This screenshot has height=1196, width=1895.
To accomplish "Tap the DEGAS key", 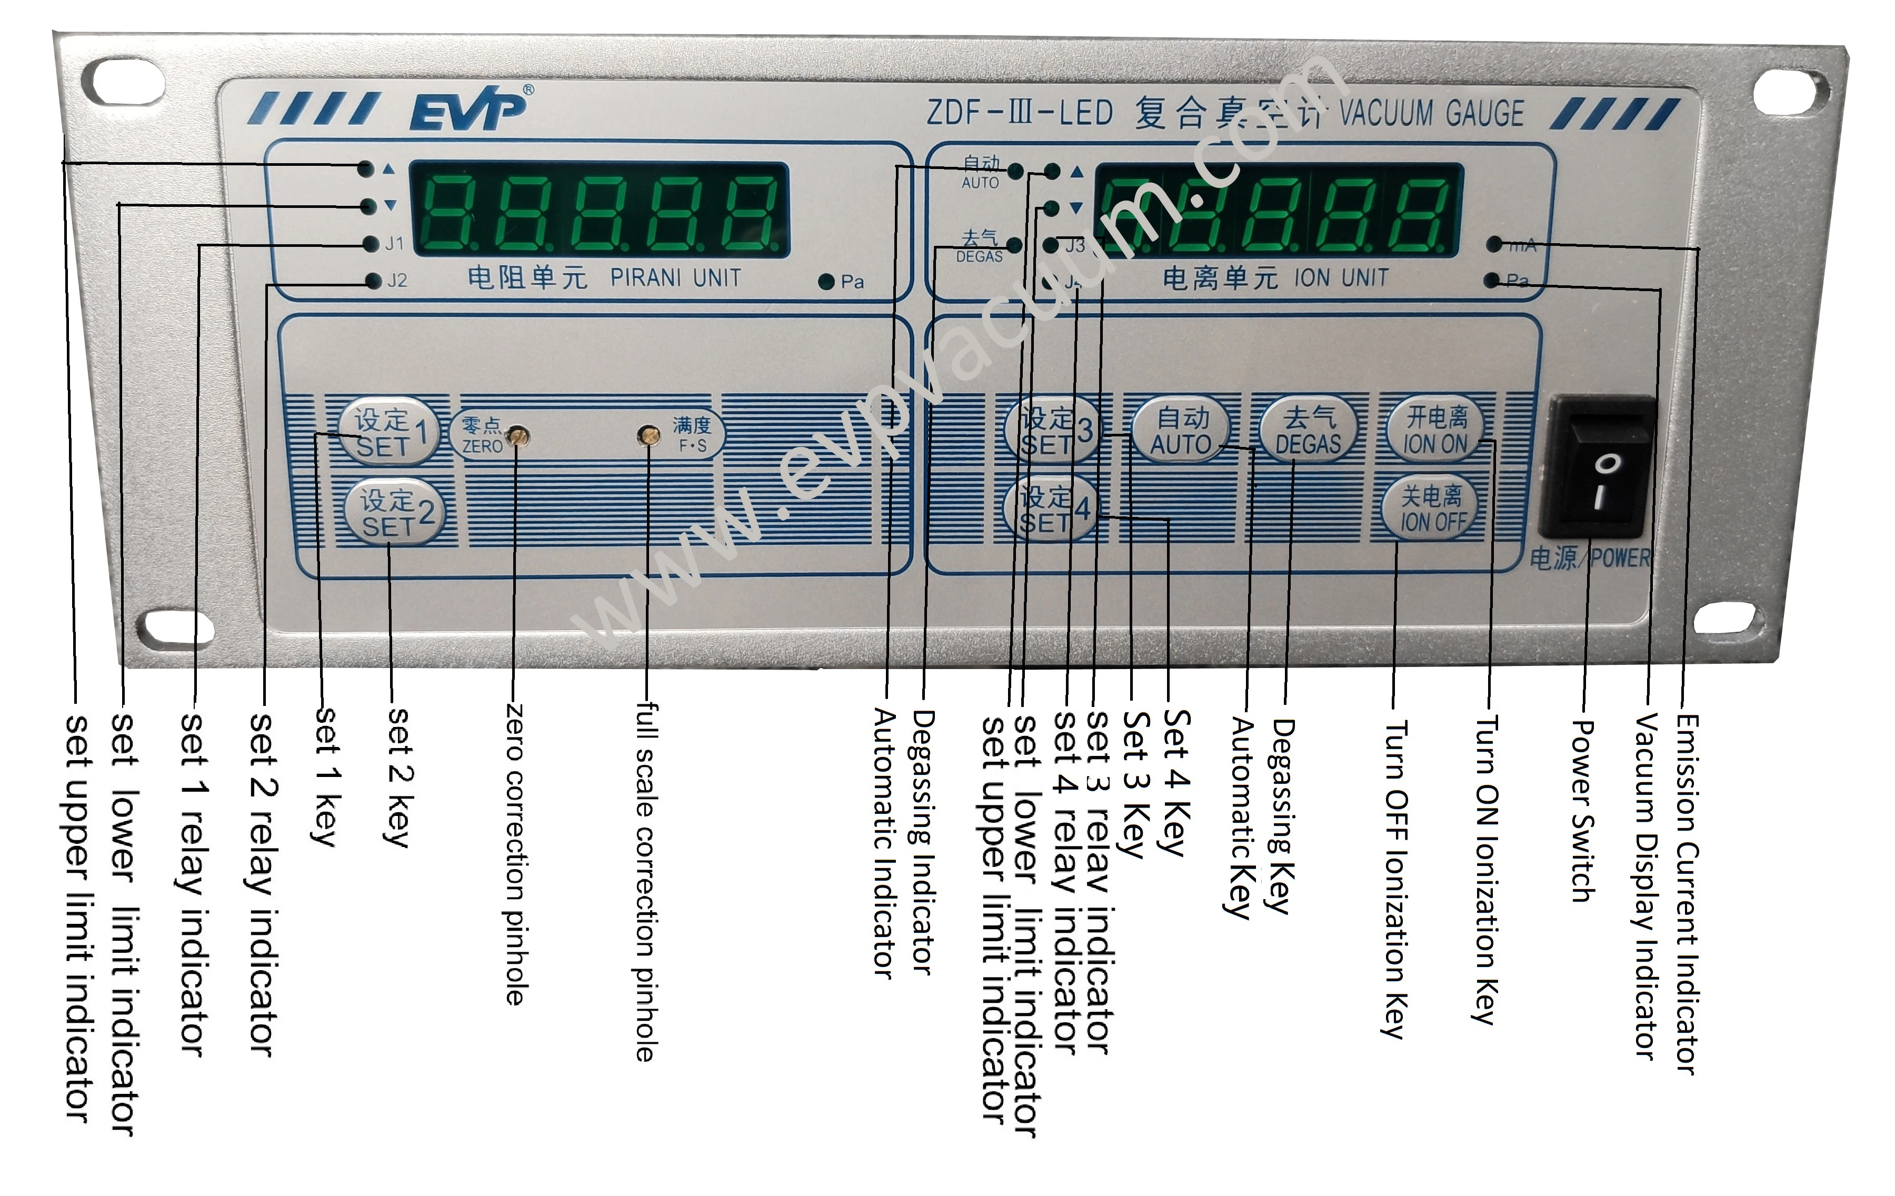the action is pos(1308,430).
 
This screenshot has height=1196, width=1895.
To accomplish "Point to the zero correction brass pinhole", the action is pos(517,435).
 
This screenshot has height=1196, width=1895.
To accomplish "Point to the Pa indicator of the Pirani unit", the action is pos(826,282).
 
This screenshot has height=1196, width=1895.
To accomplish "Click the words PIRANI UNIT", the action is pos(675,278).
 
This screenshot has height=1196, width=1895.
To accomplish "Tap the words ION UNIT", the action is pos(1341,278).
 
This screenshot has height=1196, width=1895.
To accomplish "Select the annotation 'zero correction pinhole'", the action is pos(514,854).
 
